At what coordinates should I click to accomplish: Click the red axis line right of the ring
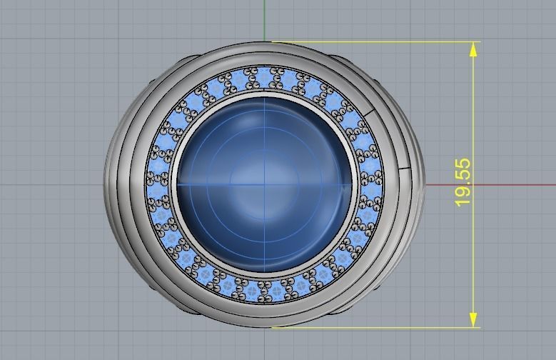click(492, 185)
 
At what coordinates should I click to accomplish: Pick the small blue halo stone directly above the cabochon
click(265, 77)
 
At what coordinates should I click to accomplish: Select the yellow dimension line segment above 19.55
click(473, 107)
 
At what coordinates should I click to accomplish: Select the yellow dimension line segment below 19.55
click(473, 264)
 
